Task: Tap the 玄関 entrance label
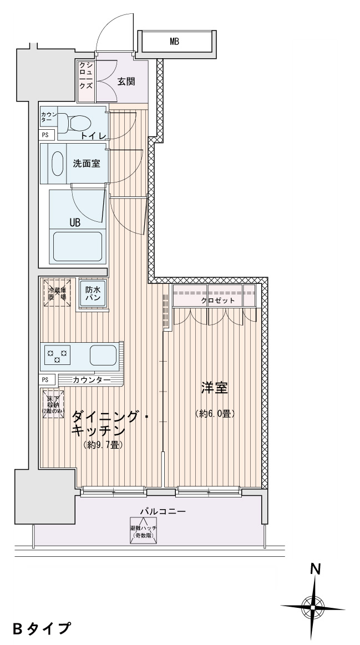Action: pos(126,81)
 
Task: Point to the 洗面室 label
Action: pos(87,164)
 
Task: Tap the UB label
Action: pos(75,222)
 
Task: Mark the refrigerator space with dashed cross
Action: pos(55,293)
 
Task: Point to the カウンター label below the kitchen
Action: pos(92,380)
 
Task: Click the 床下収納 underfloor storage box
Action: pos(53,403)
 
